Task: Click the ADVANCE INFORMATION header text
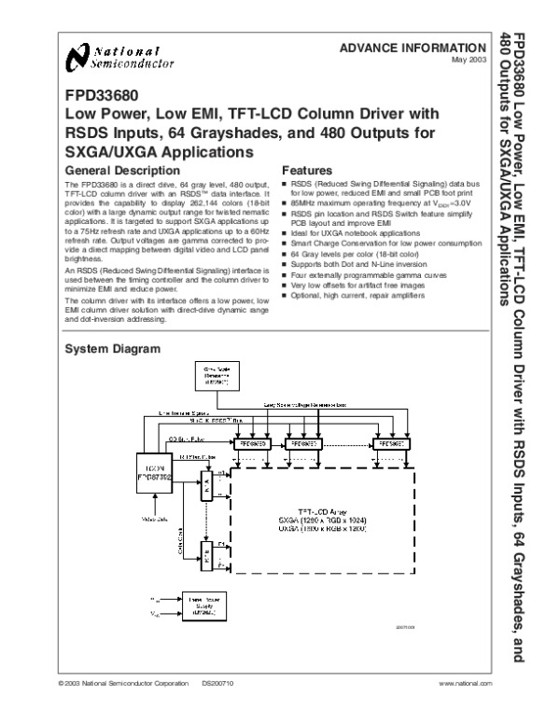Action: point(413,48)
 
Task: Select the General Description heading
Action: point(119,173)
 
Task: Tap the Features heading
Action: point(307,173)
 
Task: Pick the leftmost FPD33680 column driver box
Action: point(255,446)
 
